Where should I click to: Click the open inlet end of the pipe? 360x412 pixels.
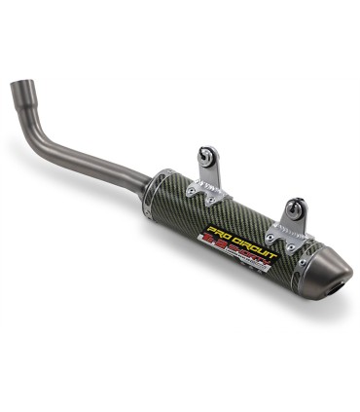[19, 91]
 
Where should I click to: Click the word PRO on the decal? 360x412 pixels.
[217, 238]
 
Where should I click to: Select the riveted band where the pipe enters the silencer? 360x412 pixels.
[158, 193]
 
